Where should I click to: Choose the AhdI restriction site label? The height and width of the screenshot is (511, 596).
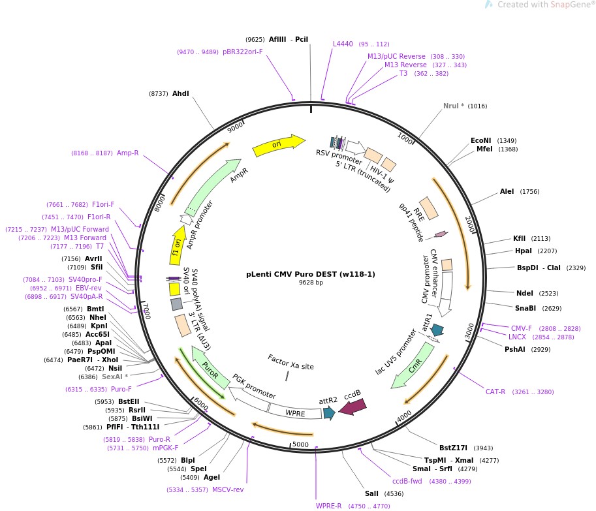(x=180, y=93)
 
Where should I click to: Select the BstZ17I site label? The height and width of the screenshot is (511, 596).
(x=453, y=448)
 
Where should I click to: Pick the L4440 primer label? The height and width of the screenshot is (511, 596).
(x=343, y=44)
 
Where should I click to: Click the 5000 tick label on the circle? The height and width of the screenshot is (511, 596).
(x=300, y=444)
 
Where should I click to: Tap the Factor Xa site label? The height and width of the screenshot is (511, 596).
(x=290, y=362)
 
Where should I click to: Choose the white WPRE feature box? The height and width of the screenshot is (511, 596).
(x=295, y=412)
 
